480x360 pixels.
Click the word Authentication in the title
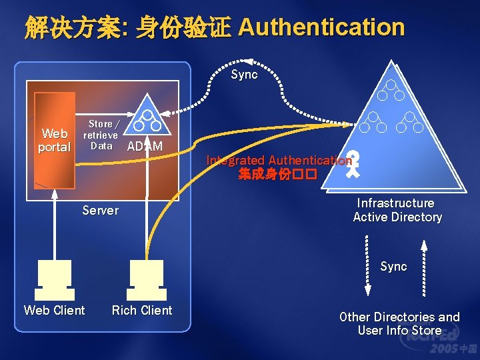(x=321, y=27)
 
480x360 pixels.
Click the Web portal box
(x=55, y=139)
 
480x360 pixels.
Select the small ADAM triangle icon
(x=146, y=120)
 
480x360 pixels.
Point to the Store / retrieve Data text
(x=101, y=135)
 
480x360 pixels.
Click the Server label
(x=100, y=211)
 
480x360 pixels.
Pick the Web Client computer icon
(x=55, y=279)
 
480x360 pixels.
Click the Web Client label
(x=55, y=310)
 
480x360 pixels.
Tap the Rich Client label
(x=142, y=310)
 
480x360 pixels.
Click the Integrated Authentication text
(x=279, y=160)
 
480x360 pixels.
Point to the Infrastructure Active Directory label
(x=397, y=210)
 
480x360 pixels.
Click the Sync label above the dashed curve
(x=244, y=75)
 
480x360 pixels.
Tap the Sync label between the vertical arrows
(x=393, y=267)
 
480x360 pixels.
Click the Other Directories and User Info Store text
(x=399, y=323)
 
